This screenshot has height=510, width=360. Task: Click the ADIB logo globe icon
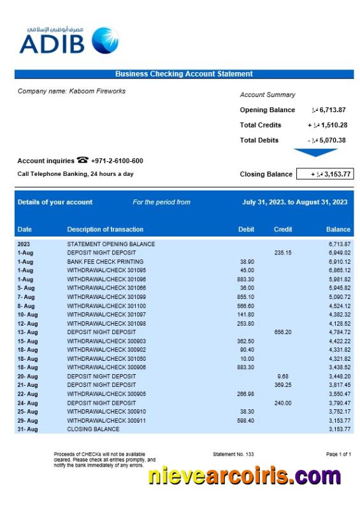click(x=105, y=41)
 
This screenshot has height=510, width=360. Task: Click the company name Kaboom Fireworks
click(x=71, y=91)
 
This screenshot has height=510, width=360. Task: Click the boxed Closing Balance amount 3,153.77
click(x=332, y=174)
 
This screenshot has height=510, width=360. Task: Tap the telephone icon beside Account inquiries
click(x=82, y=160)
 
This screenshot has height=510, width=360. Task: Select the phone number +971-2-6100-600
click(x=117, y=161)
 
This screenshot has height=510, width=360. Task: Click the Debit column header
click(x=246, y=229)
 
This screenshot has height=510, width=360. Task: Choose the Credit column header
click(x=283, y=229)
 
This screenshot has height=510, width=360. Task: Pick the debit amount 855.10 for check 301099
click(x=245, y=297)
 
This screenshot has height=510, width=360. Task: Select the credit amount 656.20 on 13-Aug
click(x=282, y=332)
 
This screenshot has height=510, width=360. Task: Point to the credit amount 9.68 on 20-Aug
click(x=284, y=376)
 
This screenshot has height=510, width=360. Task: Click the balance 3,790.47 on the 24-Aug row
click(x=339, y=403)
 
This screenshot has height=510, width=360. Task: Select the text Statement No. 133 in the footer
click(x=233, y=454)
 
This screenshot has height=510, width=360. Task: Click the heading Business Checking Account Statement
click(x=184, y=74)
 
